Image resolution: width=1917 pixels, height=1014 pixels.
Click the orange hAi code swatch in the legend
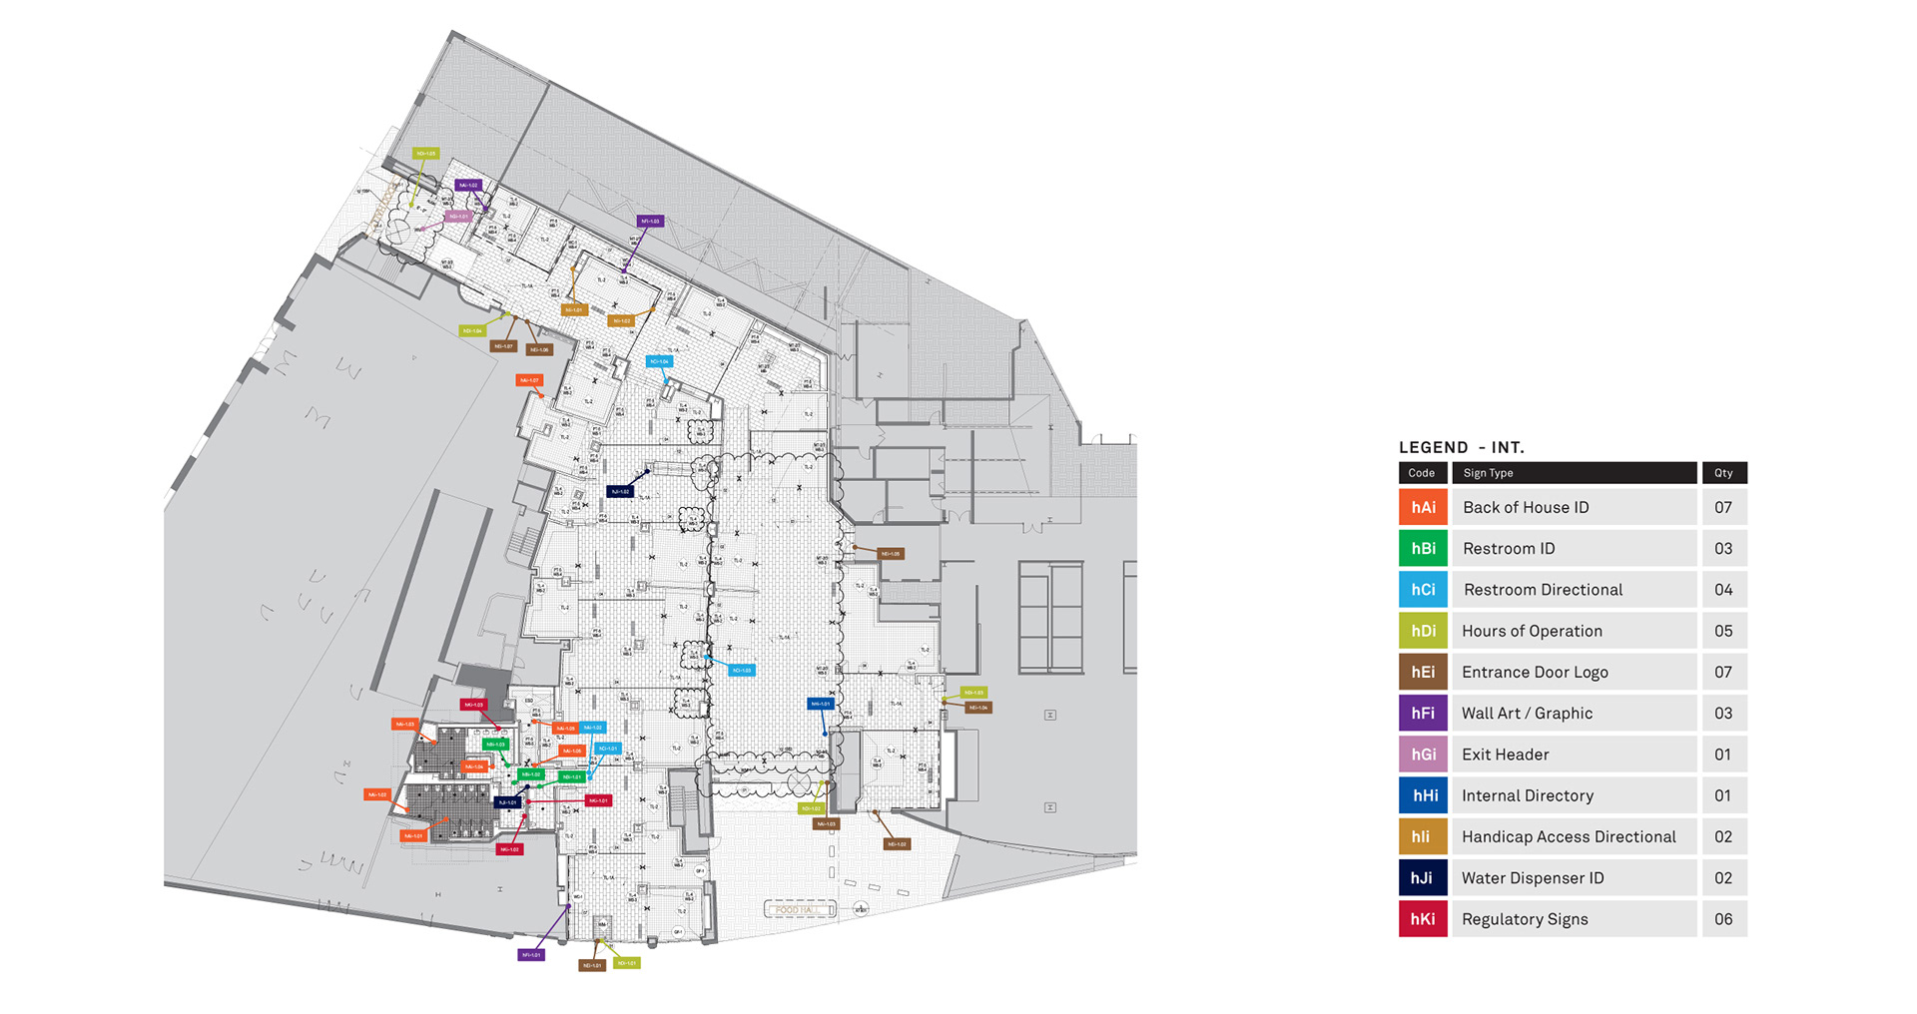(1423, 507)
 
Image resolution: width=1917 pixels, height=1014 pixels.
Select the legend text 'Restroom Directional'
(1543, 590)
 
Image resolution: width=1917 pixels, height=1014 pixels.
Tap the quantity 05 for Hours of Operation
(1723, 631)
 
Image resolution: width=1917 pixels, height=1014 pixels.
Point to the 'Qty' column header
(1723, 473)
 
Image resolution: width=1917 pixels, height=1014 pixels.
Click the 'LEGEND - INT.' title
(1461, 447)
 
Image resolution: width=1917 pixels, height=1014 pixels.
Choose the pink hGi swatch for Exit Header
(1423, 755)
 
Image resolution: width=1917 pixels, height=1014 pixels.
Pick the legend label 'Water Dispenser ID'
(1533, 878)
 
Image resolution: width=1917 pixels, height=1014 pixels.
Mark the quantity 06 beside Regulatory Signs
(1723, 919)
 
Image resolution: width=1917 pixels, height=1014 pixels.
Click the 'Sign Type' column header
(1488, 473)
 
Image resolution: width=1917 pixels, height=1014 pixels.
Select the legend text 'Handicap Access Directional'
(1569, 837)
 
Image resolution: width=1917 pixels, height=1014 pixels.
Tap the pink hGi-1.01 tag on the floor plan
(458, 217)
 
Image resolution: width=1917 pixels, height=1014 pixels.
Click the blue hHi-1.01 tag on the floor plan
(820, 704)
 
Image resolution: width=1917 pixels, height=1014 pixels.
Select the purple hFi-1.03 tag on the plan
(650, 222)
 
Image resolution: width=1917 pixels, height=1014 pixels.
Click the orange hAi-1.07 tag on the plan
(529, 380)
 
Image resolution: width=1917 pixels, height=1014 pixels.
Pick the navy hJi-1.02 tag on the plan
(620, 491)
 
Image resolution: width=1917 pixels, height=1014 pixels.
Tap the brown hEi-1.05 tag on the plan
(890, 553)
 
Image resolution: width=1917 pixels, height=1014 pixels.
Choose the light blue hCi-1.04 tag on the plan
(658, 361)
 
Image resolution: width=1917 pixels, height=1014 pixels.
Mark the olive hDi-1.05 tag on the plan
(425, 154)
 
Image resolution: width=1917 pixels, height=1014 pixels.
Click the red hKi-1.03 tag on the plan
(473, 705)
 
